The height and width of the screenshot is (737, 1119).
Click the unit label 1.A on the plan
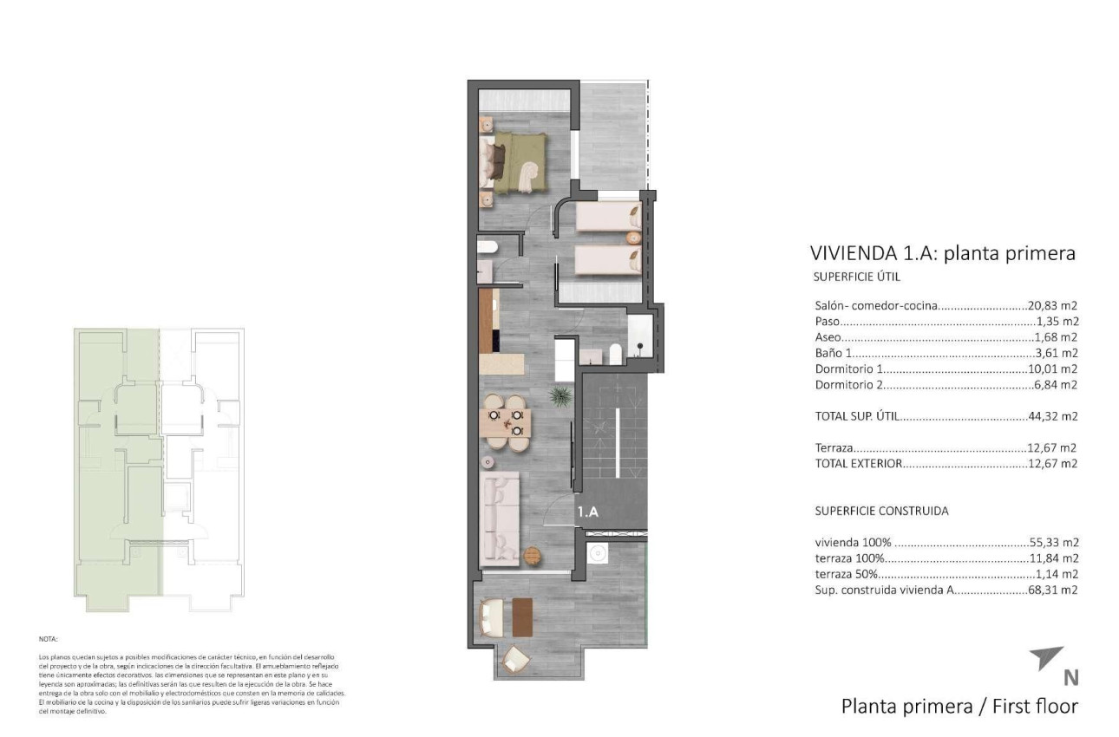pos(588,512)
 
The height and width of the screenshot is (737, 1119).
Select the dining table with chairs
pos(505,422)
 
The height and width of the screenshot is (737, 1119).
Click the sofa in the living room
pos(499,517)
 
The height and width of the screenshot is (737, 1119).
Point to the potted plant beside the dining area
pos(559,397)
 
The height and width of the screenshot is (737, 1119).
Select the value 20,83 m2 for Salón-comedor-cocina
pos(1052,306)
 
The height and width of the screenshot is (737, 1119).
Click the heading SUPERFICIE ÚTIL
pos(857,277)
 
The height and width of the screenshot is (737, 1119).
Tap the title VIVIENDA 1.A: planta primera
pos(942,253)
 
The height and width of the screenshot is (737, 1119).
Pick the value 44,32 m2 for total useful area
pos(1052,416)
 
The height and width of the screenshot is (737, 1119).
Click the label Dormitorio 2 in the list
pos(848,384)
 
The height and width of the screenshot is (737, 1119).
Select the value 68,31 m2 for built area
pos(1052,590)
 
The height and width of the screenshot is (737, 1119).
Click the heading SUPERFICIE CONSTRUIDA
pos(881,511)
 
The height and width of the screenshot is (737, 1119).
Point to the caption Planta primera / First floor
pos(959,706)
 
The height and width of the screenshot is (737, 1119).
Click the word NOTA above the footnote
pos(49,639)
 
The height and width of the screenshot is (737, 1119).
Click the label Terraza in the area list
pos(834,448)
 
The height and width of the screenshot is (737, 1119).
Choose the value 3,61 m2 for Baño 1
pos(1056,353)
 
